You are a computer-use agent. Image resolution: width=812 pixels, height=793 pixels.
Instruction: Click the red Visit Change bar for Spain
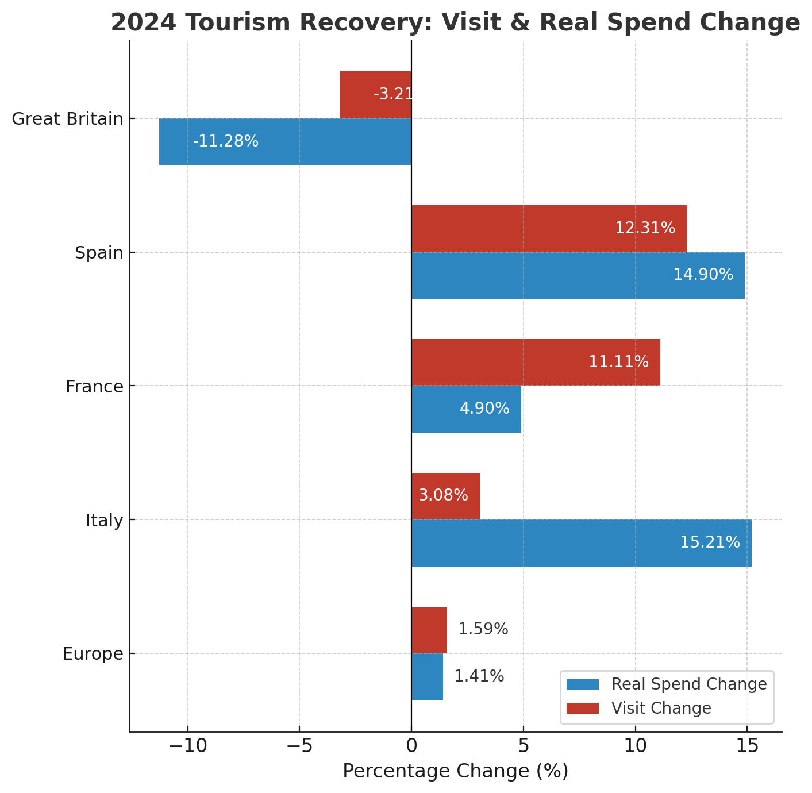tap(549, 229)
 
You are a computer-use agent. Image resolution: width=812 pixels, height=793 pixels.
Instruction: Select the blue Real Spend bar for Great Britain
tap(285, 141)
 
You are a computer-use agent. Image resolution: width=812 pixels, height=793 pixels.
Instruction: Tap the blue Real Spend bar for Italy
tap(581, 543)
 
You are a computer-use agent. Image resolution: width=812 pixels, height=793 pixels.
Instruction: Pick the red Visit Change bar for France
tap(536, 362)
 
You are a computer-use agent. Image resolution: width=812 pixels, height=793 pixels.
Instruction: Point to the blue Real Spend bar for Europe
tap(427, 676)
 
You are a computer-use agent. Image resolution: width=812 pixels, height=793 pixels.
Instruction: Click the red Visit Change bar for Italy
tap(446, 496)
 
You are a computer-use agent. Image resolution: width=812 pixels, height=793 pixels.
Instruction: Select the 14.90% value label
tap(703, 275)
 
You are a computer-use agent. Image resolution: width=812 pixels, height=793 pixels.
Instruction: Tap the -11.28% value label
tap(226, 141)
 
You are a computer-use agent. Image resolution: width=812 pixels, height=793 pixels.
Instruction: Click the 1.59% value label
tap(483, 629)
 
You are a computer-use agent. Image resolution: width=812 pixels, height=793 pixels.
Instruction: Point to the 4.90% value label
tap(484, 409)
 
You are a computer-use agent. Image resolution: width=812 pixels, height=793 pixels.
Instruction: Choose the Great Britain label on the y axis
tap(67, 119)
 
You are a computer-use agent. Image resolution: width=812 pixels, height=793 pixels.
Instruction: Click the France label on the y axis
tap(94, 387)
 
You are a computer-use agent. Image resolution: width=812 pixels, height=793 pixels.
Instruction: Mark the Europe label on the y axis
tap(93, 654)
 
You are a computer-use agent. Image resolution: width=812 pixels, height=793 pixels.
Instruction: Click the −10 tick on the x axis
tap(187, 746)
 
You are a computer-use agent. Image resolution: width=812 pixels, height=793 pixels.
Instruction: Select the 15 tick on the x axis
tap(746, 746)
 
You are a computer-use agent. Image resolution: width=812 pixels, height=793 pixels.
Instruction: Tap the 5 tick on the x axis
tap(523, 746)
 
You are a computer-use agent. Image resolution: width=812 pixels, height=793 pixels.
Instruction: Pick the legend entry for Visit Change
tap(661, 708)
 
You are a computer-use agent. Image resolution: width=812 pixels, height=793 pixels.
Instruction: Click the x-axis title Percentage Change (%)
tap(455, 771)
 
